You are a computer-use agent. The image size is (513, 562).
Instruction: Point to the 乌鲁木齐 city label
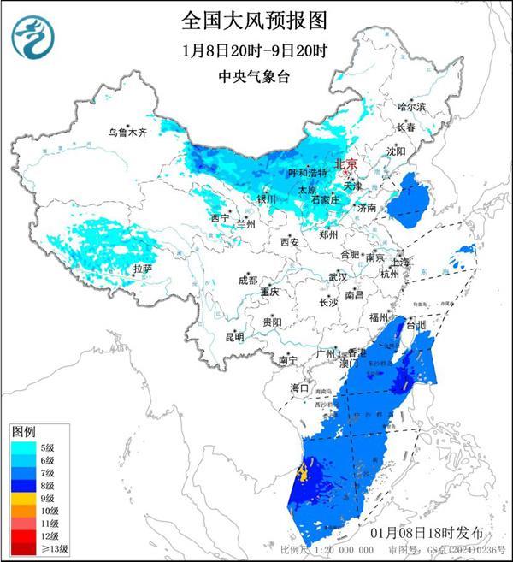tap(127, 133)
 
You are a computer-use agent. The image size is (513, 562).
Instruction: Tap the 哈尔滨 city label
tap(410, 106)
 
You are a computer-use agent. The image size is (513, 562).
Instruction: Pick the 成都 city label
tap(247, 280)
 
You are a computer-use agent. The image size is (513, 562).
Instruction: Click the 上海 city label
tap(398, 262)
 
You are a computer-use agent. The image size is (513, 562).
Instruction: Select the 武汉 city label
tap(338, 277)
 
